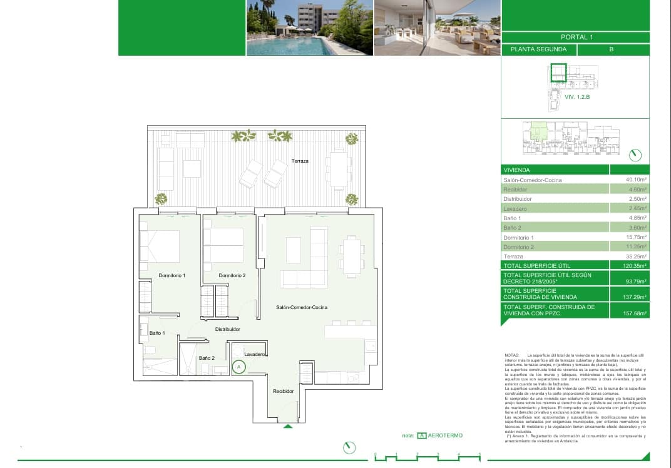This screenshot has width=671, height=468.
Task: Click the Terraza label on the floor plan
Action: click(300, 161)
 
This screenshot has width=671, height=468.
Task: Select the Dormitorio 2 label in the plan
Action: click(232, 275)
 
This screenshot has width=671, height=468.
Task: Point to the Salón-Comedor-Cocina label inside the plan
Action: click(302, 307)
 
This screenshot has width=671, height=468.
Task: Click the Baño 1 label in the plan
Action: click(157, 333)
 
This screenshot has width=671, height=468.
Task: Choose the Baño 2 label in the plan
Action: click(207, 358)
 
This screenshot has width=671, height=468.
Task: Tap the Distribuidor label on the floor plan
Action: click(228, 329)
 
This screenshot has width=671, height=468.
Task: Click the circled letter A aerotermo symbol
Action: click(238, 367)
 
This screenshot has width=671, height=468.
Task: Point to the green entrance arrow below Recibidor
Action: click(288, 427)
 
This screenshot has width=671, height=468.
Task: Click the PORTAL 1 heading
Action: click(575, 37)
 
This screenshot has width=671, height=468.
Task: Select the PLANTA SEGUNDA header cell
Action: click(538, 49)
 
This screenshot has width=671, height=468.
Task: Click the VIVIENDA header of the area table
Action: click(517, 170)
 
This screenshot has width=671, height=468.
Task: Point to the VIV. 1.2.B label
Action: click(577, 98)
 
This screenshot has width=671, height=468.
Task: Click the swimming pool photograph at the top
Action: click(309, 28)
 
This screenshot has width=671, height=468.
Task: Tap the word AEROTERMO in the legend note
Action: click(445, 435)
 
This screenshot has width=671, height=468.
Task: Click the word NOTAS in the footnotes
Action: click(511, 355)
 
